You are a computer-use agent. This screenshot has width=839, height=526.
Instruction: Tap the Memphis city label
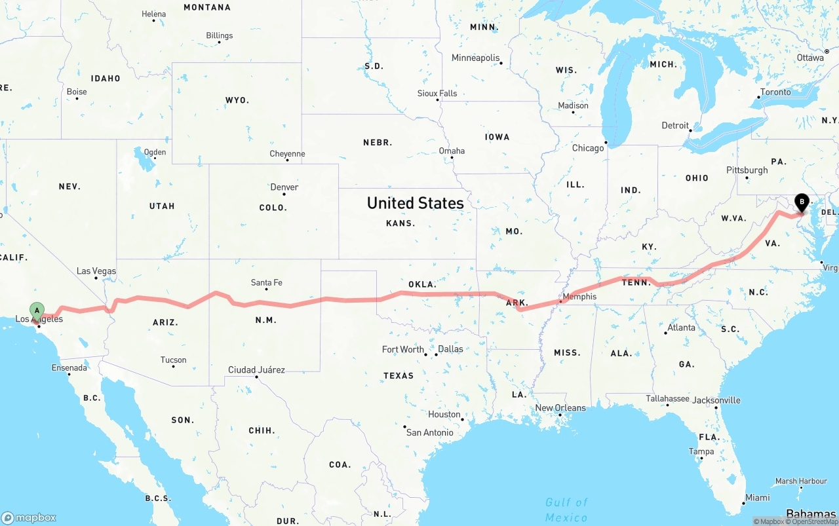point(579,297)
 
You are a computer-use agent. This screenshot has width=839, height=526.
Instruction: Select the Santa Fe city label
point(266,282)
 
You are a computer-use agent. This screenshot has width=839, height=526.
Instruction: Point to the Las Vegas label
point(96,271)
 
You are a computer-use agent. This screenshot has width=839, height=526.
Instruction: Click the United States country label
point(415,203)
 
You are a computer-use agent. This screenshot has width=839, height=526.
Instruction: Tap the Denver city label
point(284,187)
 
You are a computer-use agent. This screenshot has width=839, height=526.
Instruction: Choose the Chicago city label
point(588,148)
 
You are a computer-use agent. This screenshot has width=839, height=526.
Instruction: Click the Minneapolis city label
point(476,58)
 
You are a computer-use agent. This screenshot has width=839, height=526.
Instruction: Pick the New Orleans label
point(560,407)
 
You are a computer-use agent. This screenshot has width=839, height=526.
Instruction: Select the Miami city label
point(757,498)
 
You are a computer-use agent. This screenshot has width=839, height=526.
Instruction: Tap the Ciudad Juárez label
point(256,370)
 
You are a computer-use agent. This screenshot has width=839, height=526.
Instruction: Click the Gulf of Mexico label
point(566,510)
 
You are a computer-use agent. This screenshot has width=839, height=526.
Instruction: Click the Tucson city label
point(173,360)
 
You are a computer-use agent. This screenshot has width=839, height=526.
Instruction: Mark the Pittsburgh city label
point(747,170)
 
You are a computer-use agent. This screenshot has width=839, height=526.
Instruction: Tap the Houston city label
point(444,415)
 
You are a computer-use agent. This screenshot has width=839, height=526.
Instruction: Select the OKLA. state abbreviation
point(422,284)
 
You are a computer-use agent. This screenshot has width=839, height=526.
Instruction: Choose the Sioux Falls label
point(437,94)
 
